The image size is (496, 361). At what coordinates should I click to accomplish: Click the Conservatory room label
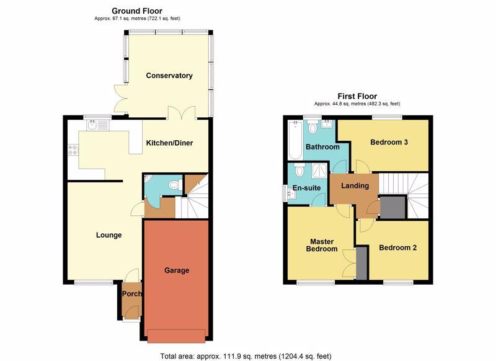coord(169,76)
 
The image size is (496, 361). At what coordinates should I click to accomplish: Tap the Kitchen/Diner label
coord(169,143)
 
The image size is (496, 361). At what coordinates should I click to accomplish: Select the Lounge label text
coord(109,235)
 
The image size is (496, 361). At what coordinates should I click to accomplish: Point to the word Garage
coord(177,270)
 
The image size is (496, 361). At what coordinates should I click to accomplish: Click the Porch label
coord(132,294)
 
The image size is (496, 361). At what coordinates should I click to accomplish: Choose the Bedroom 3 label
coord(389,143)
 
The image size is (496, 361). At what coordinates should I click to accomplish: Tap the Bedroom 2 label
coord(398,247)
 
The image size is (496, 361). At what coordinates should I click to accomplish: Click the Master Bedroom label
coord(322,245)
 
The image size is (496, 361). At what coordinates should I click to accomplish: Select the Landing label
coord(355,185)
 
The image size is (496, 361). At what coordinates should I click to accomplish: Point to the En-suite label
coord(306,188)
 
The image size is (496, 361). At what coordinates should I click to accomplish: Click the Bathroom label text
coord(322,147)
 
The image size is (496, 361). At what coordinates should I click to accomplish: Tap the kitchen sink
coord(98,125)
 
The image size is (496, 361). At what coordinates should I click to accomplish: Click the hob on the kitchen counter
coord(73,150)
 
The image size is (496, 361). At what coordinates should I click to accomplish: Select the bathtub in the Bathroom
coord(296,140)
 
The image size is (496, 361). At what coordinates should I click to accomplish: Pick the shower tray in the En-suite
coord(321,171)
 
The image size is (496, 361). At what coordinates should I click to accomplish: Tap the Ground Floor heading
coord(137,11)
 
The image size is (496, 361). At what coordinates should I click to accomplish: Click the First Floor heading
coord(357,96)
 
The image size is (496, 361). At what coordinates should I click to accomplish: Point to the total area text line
coord(246,356)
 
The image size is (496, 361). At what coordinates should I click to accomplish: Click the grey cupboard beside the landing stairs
coord(392,207)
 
